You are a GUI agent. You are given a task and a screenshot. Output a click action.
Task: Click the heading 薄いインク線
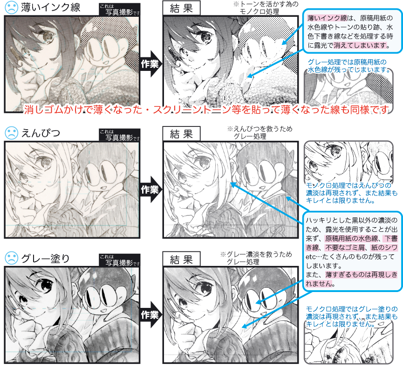pos(50,7)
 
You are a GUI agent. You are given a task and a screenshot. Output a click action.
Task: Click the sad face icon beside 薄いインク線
pos(11,7)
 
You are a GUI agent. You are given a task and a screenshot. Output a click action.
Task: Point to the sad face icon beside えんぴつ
pos(11,132)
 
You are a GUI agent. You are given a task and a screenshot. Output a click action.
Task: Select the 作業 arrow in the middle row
pos(150,189)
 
